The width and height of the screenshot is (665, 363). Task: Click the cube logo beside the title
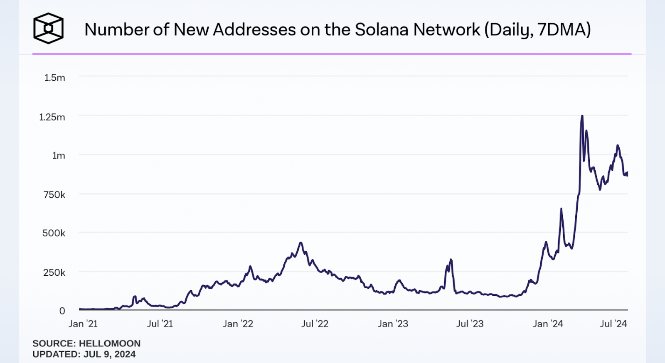pyautogui.click(x=48, y=28)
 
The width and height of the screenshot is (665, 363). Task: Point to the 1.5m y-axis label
pyautogui.click(x=55, y=78)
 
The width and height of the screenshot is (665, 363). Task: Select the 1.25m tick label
pyautogui.click(x=52, y=117)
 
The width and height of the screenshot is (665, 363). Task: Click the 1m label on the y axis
pyautogui.click(x=59, y=156)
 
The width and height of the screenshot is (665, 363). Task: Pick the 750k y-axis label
pyautogui.click(x=54, y=194)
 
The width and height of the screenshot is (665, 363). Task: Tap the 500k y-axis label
pyautogui.click(x=54, y=233)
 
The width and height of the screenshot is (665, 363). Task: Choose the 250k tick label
pyautogui.click(x=54, y=272)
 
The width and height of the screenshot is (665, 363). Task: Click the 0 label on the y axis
pyautogui.click(x=62, y=311)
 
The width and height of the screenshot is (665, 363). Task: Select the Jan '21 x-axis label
pyautogui.click(x=83, y=324)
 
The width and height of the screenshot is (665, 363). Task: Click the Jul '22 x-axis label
pyautogui.click(x=315, y=324)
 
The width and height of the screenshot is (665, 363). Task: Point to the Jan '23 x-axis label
pyautogui.click(x=393, y=324)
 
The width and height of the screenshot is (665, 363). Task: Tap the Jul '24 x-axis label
pyautogui.click(x=613, y=324)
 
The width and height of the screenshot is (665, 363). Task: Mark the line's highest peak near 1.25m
pyautogui.click(x=582, y=116)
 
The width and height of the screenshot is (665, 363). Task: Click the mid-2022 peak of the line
pyautogui.click(x=300, y=243)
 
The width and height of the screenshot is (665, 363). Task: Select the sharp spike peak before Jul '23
pyautogui.click(x=451, y=260)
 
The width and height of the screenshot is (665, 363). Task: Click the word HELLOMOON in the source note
pyautogui.click(x=110, y=343)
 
